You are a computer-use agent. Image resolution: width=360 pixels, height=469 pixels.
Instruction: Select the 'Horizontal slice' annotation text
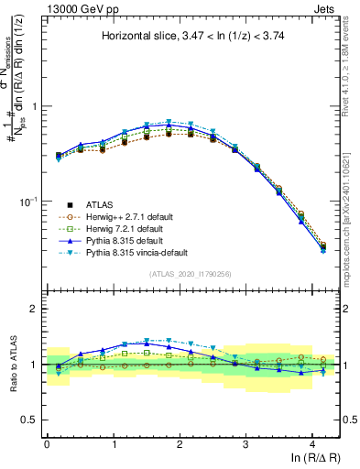coord(192,37)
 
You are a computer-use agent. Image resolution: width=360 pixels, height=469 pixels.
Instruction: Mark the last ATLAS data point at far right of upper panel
coord(322,246)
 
